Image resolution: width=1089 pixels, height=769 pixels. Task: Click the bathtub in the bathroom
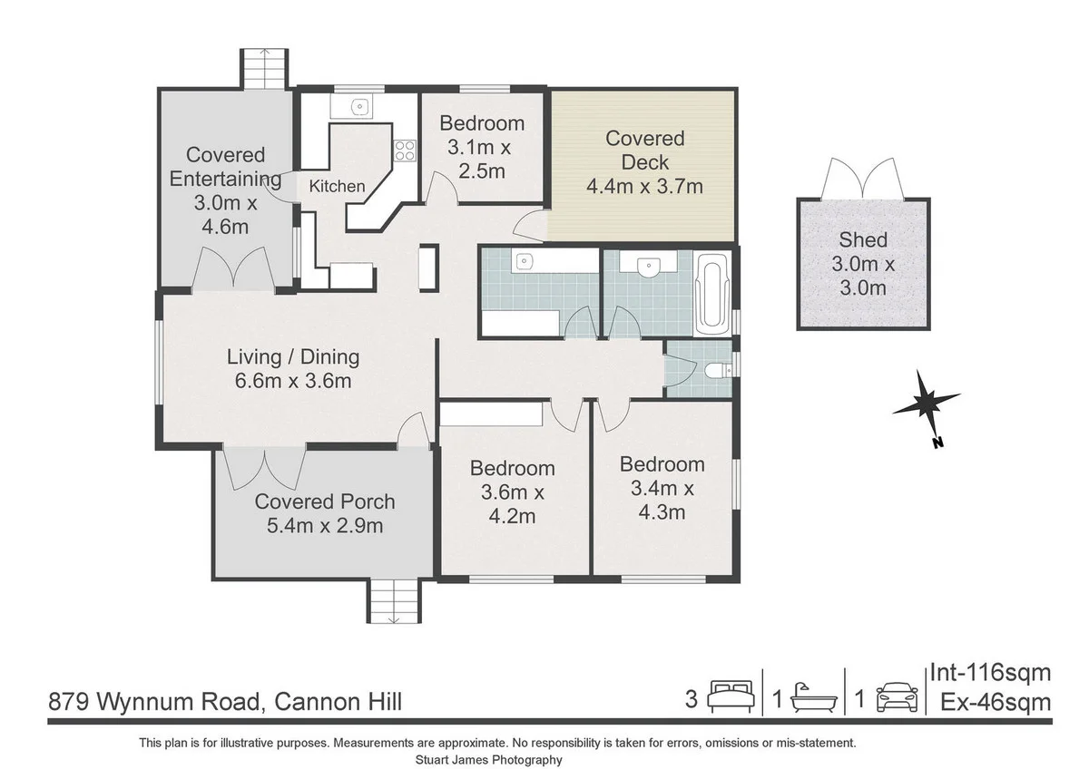(713, 293)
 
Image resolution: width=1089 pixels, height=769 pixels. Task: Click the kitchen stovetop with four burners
(405, 151)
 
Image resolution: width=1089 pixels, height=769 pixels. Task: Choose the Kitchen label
(337, 186)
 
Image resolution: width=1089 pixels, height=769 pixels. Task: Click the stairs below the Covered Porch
(395, 601)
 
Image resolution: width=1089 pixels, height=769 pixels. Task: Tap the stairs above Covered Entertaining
(266, 68)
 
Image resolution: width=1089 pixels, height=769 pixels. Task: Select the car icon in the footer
(898, 699)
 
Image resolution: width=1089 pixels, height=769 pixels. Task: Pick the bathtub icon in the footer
(813, 699)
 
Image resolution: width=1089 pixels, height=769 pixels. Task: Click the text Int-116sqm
(990, 673)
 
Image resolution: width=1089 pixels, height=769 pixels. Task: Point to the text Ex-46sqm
(995, 702)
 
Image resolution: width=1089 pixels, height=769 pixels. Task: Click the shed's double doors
(862, 180)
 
